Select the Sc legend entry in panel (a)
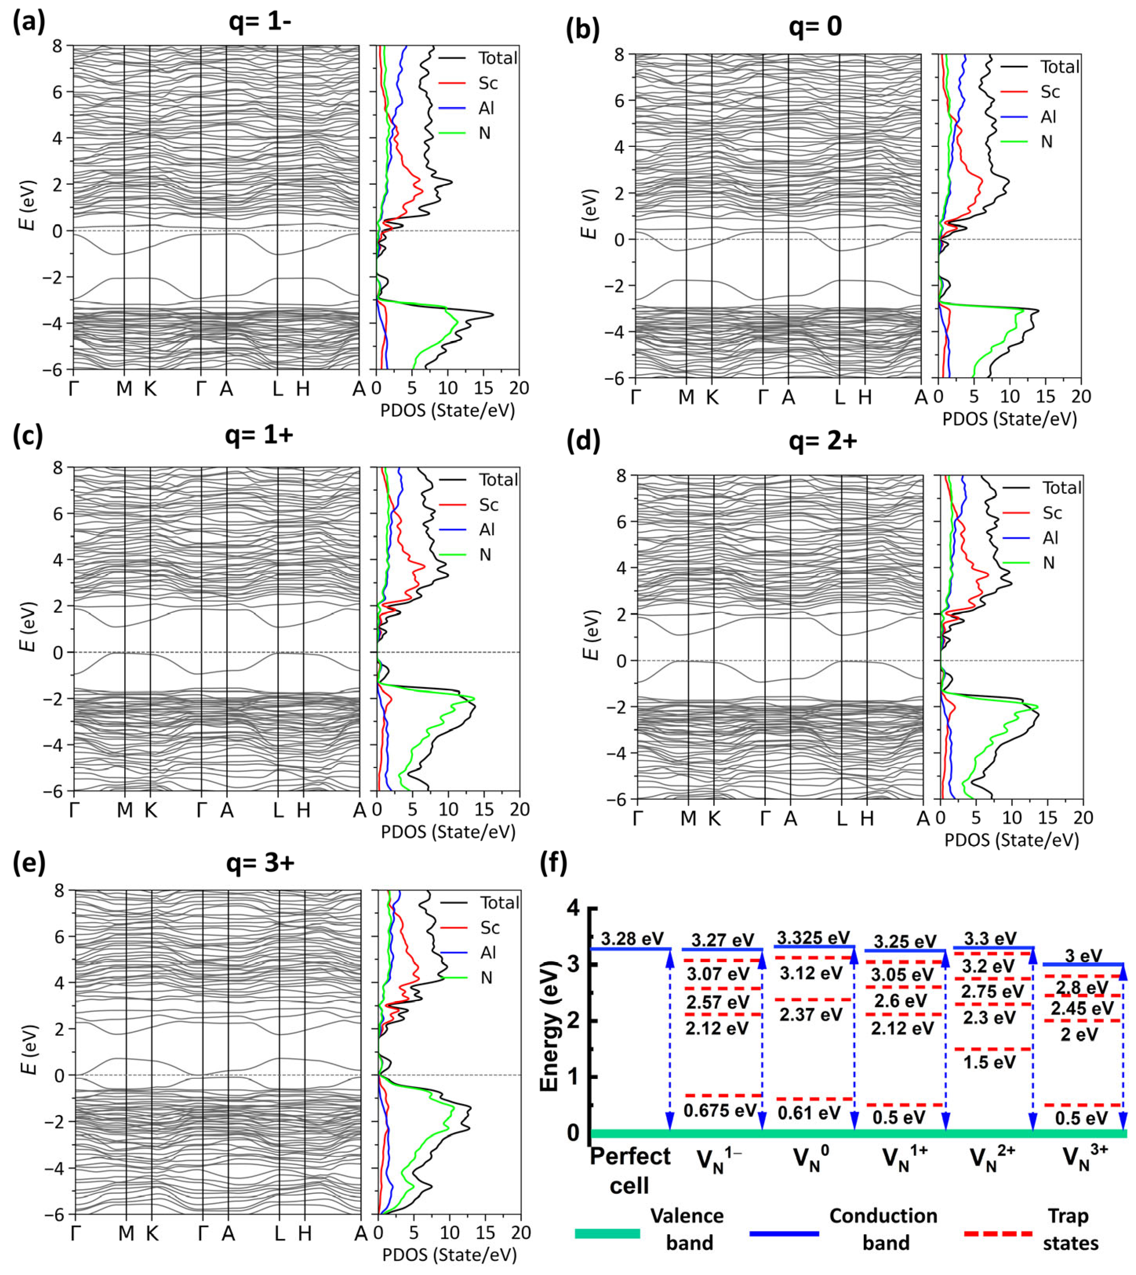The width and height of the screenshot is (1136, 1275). (x=487, y=83)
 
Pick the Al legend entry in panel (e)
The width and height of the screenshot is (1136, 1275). (x=487, y=952)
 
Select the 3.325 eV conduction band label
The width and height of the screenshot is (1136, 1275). (x=812, y=937)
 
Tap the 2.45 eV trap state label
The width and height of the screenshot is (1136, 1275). (x=1082, y=1008)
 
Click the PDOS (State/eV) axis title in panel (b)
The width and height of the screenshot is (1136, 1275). (x=1009, y=419)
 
